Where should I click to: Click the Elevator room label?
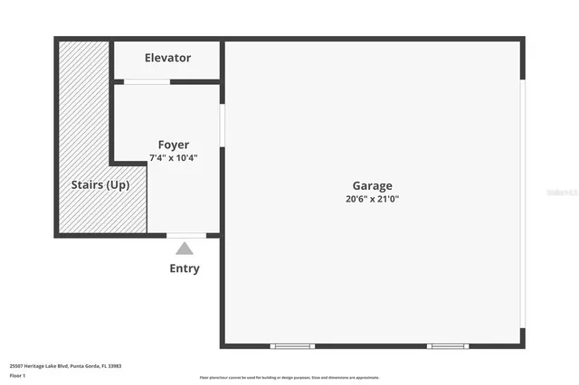167,58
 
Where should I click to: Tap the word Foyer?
174,145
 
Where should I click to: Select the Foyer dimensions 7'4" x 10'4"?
174,157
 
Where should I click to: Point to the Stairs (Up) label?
100,185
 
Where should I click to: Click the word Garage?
372,186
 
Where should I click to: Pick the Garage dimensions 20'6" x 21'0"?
372,199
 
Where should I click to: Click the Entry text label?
185,268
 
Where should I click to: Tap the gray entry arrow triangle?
185,249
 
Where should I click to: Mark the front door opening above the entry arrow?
186,235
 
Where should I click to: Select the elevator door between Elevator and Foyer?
147,82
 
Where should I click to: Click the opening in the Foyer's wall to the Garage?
222,125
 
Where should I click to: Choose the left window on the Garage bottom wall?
293,346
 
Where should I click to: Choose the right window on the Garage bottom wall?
448,346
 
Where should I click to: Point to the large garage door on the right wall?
522,202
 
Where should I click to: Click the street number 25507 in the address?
18,366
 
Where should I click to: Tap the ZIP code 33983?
115,366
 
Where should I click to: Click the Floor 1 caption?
17,375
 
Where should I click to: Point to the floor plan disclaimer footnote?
289,378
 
